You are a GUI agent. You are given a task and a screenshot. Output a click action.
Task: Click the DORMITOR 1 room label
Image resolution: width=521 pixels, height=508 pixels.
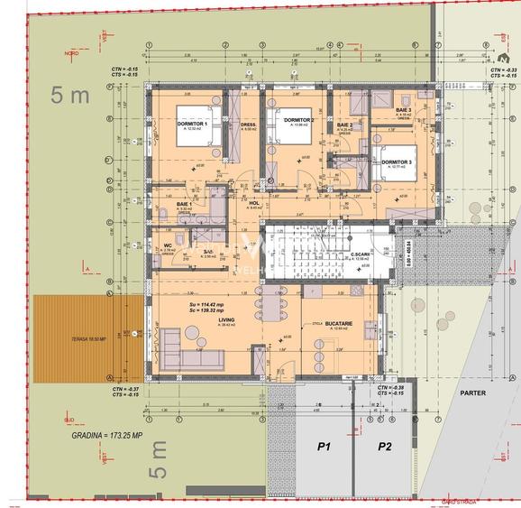(x=192, y=123)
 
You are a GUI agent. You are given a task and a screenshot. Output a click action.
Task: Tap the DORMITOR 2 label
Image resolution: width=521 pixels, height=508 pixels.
(x=298, y=119)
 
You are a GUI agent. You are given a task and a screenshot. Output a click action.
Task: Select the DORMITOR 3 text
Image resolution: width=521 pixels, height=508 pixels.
(x=398, y=162)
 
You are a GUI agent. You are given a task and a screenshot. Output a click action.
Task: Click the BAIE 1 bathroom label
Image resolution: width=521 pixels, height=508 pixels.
(x=185, y=205)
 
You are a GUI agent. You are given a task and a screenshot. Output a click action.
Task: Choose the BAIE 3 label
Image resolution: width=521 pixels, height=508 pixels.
(x=403, y=109)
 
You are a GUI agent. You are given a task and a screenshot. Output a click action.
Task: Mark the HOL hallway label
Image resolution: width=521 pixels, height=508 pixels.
(x=254, y=204)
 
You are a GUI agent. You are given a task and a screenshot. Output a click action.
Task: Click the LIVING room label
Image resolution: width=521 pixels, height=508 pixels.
(x=226, y=319)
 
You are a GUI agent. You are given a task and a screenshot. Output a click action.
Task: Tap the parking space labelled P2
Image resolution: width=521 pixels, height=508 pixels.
(x=385, y=446)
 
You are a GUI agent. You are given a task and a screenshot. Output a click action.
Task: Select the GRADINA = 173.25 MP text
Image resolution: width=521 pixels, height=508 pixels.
(x=106, y=434)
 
